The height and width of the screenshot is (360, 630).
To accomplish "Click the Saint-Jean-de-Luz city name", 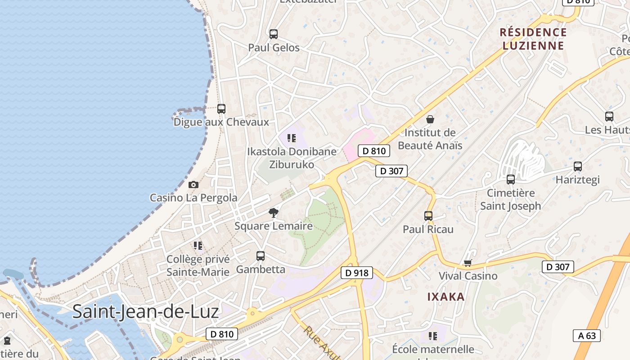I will tap(145, 311).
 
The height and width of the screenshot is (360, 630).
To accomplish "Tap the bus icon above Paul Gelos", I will tap(274, 34).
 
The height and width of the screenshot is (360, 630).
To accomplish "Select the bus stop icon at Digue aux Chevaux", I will tap(221, 109).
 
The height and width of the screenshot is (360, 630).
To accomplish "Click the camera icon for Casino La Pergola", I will tap(193, 184).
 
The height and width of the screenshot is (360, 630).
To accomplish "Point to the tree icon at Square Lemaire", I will tap(273, 213).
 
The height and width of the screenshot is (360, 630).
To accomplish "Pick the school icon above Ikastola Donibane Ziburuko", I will tap(292, 138).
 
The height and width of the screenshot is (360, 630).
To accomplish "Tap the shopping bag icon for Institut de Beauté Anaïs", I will tap(430, 119).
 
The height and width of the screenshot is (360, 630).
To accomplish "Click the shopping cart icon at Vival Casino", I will tap(468, 263).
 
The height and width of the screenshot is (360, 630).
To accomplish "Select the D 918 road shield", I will tap(357, 273).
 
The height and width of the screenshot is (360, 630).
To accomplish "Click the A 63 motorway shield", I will tap(587, 335).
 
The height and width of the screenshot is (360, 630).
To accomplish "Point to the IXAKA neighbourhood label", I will tap(445, 297).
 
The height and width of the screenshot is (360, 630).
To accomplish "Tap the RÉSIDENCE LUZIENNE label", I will tap(533, 39).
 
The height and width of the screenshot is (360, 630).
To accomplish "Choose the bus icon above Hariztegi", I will tap(578, 166).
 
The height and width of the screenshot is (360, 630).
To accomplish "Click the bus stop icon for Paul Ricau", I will tap(428, 216).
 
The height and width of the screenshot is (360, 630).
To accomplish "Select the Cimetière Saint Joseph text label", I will tap(511, 199).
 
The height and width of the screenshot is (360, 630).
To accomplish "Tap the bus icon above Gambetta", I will tap(261, 256).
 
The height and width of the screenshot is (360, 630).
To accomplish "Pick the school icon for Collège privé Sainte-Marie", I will tap(198, 246).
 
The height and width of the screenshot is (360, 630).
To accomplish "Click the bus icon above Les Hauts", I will tap(609, 117).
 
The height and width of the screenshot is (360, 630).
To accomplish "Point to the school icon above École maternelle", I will tap(433, 336).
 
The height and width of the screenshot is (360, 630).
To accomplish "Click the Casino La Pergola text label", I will tap(193, 198).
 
